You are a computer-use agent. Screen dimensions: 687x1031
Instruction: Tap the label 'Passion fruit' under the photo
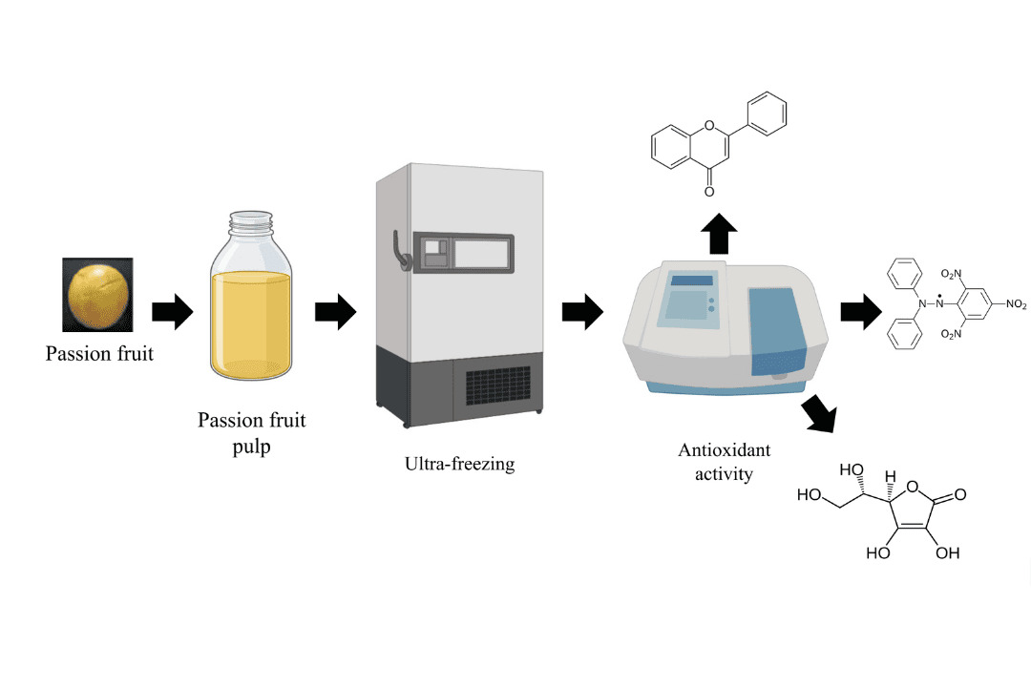coord(99,355)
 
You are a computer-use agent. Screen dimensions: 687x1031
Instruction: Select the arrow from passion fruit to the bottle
coord(172,310)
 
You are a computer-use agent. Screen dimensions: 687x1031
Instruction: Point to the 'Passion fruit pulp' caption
coord(251,433)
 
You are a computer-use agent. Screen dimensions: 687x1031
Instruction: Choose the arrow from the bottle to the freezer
coord(335,310)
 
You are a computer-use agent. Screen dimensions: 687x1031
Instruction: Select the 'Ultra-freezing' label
coord(458,465)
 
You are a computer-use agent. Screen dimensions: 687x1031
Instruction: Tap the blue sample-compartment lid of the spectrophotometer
coord(779,329)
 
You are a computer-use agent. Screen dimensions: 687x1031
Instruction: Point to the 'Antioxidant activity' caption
coord(724,462)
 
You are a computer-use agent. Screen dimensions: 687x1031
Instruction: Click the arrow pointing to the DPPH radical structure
coord(860,311)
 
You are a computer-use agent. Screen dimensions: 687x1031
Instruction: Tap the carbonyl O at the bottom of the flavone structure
coord(709,192)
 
